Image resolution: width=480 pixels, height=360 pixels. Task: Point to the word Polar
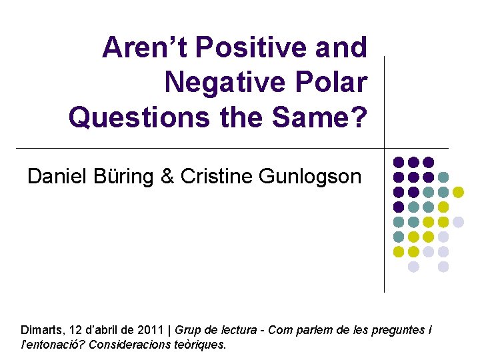(x=333, y=83)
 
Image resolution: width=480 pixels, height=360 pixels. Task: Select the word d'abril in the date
(x=103, y=330)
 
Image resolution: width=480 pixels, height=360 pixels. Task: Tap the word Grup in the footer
(x=188, y=330)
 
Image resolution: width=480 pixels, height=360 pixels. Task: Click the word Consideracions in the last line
(x=125, y=345)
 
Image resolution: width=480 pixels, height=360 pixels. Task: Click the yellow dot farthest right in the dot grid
(x=458, y=192)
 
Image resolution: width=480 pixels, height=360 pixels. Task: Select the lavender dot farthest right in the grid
(x=458, y=222)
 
